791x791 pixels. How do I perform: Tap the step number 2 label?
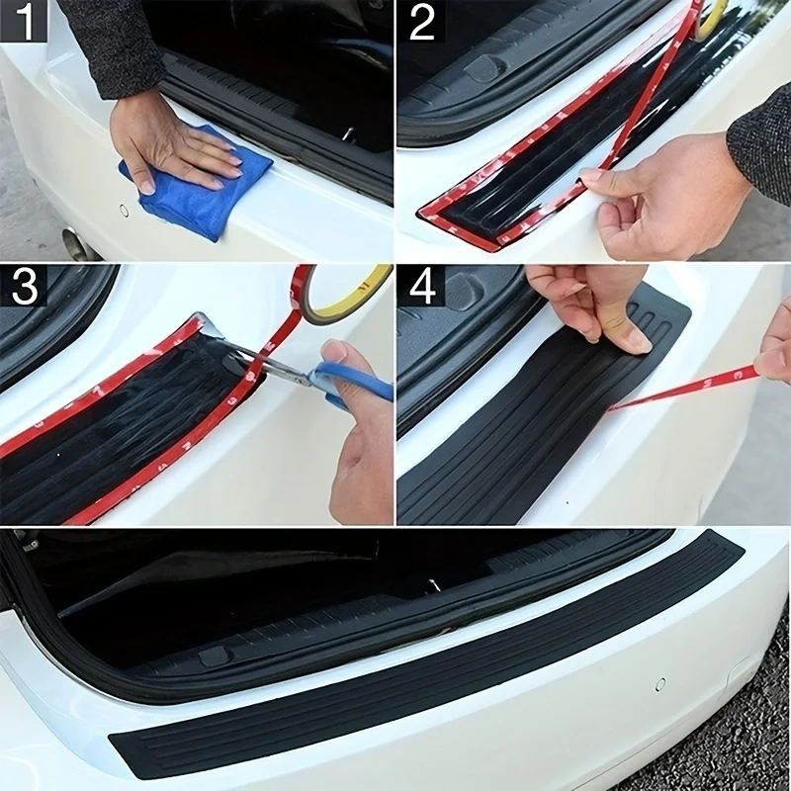pyautogui.click(x=422, y=22)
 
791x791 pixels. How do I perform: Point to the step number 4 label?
pyautogui.click(x=422, y=286)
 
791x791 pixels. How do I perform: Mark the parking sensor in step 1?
pyautogui.click(x=124, y=210)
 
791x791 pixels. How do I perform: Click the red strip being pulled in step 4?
pyautogui.click(x=692, y=386)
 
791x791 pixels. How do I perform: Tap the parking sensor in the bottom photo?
pyautogui.click(x=660, y=683)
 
